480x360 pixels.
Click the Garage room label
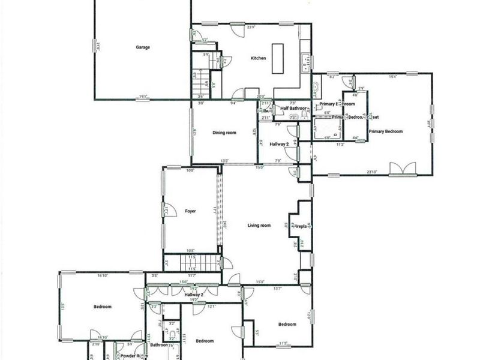(x=142, y=47)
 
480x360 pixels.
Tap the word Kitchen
(x=258, y=58)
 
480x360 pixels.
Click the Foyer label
(x=191, y=211)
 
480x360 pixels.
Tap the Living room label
(x=259, y=226)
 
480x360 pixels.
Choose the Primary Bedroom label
(x=385, y=131)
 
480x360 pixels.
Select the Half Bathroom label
(x=294, y=109)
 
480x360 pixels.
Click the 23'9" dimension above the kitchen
(x=252, y=26)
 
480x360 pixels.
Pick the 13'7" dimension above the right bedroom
(x=277, y=289)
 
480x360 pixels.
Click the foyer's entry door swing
(x=168, y=211)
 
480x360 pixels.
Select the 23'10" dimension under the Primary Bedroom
(x=371, y=172)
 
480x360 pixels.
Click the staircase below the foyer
(x=193, y=262)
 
